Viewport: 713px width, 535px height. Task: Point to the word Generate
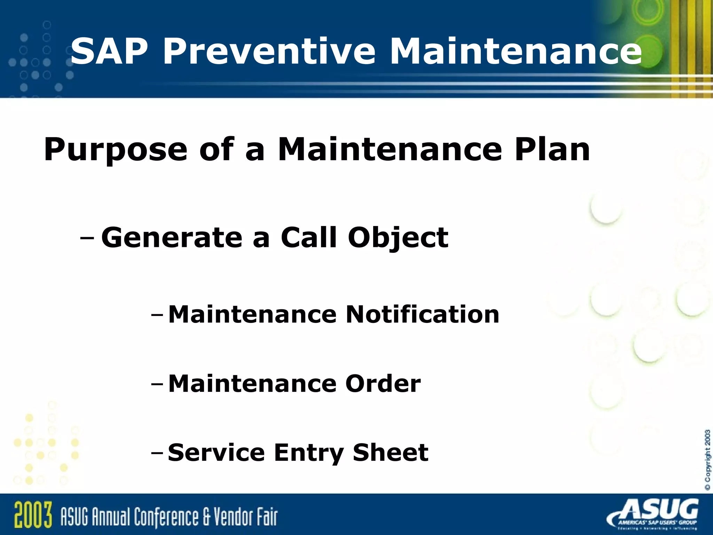[172, 238]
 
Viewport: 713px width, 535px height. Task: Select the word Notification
[422, 314]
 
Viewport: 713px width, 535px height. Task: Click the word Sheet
[390, 452]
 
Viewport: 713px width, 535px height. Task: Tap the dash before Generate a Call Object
[87, 239]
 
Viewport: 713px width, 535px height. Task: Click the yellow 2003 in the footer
[33, 515]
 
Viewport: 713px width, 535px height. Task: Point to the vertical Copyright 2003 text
[707, 460]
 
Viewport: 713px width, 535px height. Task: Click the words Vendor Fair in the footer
[245, 516]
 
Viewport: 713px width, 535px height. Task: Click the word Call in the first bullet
[309, 238]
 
